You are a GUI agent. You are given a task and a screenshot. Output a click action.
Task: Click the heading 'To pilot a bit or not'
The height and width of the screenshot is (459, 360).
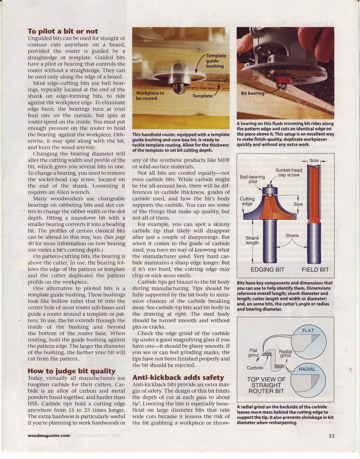click(x=62, y=31)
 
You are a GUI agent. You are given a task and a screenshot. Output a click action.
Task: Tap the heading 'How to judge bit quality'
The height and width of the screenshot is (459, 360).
click(x=71, y=371)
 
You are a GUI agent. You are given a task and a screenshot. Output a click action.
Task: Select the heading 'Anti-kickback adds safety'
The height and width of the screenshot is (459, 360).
click(x=178, y=377)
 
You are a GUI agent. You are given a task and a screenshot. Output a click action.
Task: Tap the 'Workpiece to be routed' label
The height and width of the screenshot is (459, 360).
click(x=150, y=95)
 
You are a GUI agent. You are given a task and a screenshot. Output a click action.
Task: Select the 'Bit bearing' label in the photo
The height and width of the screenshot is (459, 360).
click(x=253, y=93)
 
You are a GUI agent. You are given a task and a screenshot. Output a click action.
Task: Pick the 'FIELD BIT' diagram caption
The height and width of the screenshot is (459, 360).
click(x=315, y=270)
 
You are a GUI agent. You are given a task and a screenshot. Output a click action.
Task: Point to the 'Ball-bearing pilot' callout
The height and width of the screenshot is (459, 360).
click(x=253, y=179)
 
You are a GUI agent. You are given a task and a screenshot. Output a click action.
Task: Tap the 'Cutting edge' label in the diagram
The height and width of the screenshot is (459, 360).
click(x=247, y=201)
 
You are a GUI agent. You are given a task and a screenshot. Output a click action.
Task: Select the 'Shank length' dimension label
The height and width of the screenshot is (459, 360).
click(x=252, y=240)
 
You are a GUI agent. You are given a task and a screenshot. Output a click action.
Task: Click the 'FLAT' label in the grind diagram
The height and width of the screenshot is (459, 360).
click(x=308, y=330)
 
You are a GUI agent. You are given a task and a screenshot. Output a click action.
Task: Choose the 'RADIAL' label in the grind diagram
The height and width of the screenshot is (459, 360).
click(x=307, y=369)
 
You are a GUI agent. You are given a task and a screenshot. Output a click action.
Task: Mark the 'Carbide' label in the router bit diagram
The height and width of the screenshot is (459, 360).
click(x=255, y=368)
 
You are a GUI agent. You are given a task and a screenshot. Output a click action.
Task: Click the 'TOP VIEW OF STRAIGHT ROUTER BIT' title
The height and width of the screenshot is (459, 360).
click(x=266, y=385)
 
